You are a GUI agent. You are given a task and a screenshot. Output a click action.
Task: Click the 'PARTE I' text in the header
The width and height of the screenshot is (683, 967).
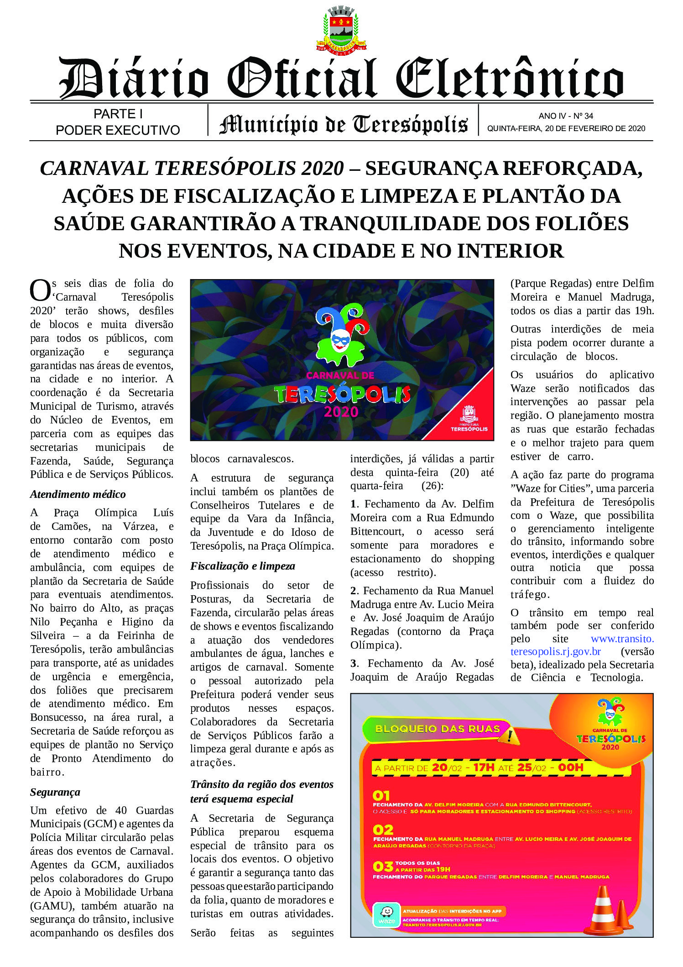(118, 114)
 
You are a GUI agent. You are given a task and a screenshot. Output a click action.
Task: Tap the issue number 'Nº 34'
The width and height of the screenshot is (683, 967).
(582, 116)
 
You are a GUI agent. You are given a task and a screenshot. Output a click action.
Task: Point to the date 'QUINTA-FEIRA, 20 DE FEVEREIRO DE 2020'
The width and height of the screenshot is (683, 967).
(566, 129)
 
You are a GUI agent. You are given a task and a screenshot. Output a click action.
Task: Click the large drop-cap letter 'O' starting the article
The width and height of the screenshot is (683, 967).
(40, 291)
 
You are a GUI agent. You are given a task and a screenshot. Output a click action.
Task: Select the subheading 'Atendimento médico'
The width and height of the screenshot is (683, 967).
(78, 494)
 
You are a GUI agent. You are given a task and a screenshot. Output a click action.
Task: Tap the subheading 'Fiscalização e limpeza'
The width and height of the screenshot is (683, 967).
(242, 566)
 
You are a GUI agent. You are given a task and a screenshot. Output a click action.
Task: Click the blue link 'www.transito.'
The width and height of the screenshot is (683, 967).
(622, 639)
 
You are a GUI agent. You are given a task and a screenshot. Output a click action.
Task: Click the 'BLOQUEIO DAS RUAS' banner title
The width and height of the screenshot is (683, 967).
(437, 729)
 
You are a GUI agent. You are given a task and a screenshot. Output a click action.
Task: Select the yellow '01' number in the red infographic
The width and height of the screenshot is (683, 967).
(381, 796)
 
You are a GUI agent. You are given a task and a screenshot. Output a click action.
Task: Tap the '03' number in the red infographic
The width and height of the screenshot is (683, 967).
(382, 866)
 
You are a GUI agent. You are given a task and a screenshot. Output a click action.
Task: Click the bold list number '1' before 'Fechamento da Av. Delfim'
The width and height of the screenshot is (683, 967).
(353, 504)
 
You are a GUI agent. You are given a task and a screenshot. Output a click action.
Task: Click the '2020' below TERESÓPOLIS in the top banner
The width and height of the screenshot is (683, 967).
(341, 412)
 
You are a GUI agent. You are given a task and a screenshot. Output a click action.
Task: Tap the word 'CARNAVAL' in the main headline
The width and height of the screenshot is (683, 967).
(94, 169)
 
